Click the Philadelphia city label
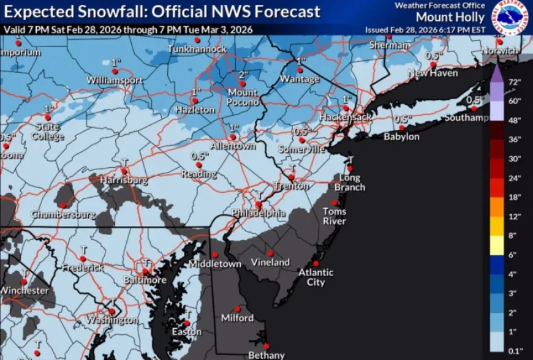258,213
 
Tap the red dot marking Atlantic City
317,256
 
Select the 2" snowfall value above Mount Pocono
243,75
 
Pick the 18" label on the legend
514,197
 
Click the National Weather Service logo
510,18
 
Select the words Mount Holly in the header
451,17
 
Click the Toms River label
335,216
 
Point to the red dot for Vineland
270,252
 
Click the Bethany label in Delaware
266,355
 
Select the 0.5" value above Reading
197,156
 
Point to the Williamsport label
115,80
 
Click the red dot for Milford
238,309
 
